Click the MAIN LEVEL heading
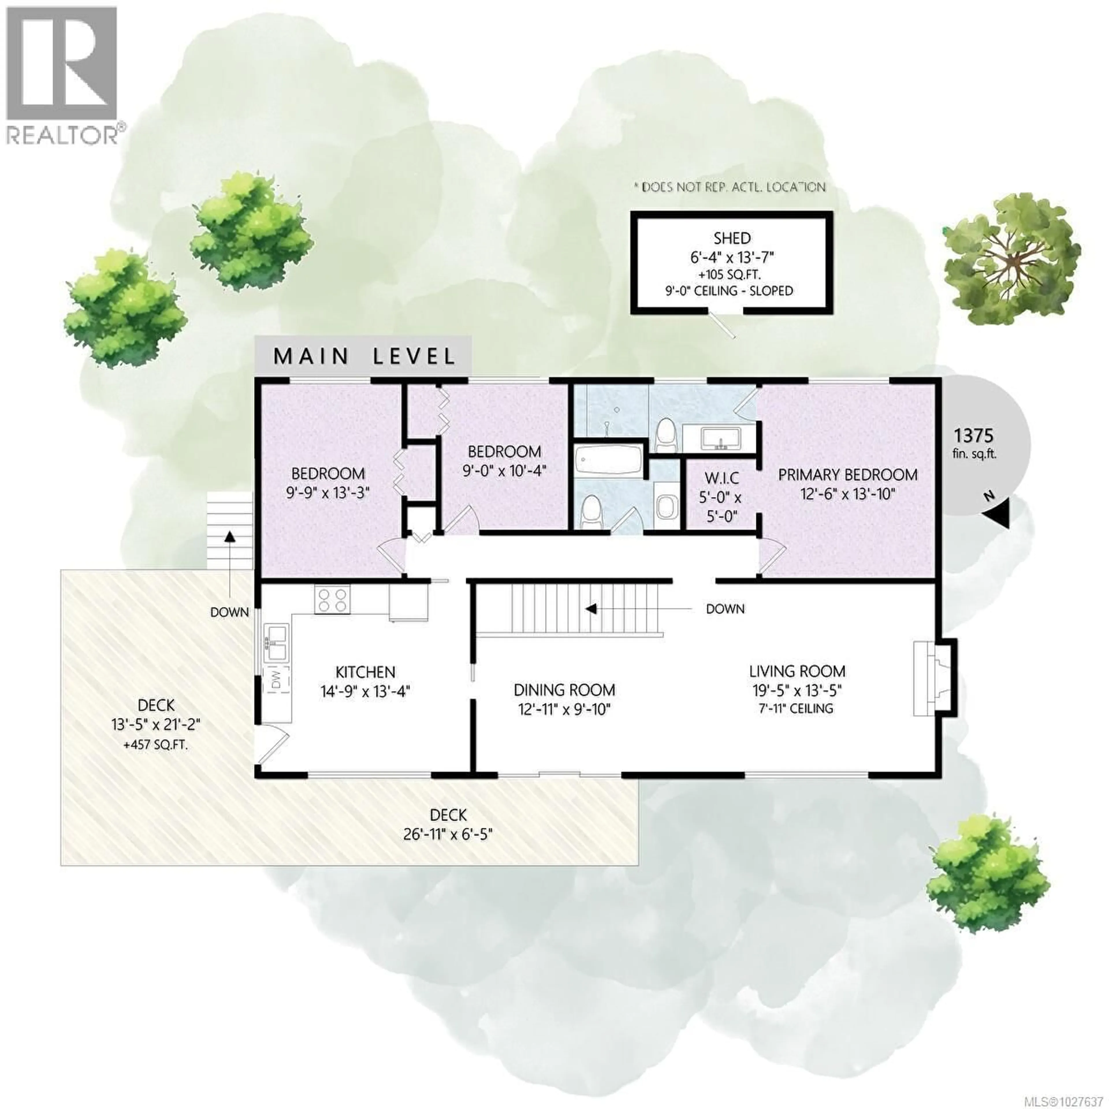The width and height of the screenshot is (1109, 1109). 364,356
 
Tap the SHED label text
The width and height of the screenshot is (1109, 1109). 732,238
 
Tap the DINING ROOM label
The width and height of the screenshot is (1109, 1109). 564,690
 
